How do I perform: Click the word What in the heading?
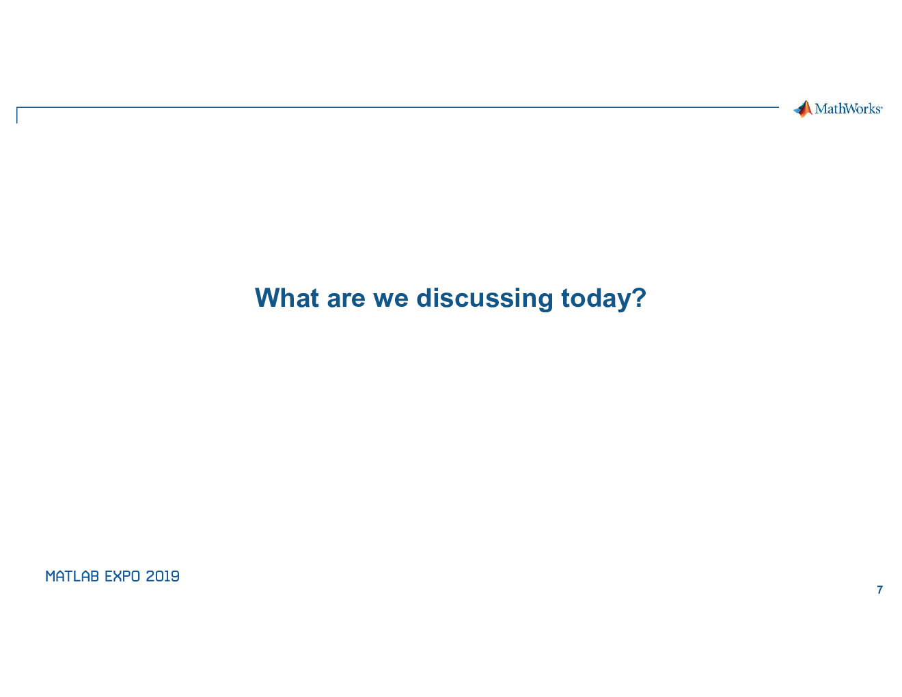pos(287,298)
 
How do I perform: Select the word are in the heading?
pos(346,300)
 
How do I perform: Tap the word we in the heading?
pos(391,300)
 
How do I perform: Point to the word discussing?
pos(485,299)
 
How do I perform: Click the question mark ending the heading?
pos(640,298)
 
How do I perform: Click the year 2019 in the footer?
pos(163,576)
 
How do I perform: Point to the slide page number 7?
pos(879,590)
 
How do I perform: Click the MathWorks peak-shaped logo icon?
pos(803,109)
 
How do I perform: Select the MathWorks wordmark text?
pos(847,109)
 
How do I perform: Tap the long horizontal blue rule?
pos(398,107)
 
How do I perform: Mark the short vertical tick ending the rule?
pos(17,115)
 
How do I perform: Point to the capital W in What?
pos(269,298)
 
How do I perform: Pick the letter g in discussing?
pos(545,303)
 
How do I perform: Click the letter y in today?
pos(625,303)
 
